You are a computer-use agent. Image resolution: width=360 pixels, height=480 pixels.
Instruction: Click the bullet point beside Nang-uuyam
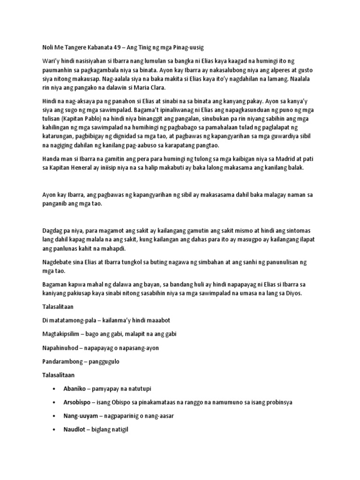55,416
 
